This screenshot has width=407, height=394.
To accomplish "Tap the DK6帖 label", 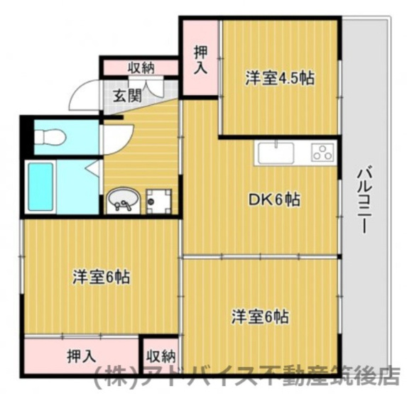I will point(273,201).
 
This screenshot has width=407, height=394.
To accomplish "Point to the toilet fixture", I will point(50,138).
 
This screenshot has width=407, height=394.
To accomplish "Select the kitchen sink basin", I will point(276,153).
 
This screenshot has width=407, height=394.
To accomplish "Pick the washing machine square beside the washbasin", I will point(161,200).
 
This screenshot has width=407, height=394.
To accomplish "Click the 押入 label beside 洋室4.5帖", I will point(201,60).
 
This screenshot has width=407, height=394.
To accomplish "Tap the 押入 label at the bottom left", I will point(82,356).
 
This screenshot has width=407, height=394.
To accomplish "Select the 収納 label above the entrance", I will point(141,67).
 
